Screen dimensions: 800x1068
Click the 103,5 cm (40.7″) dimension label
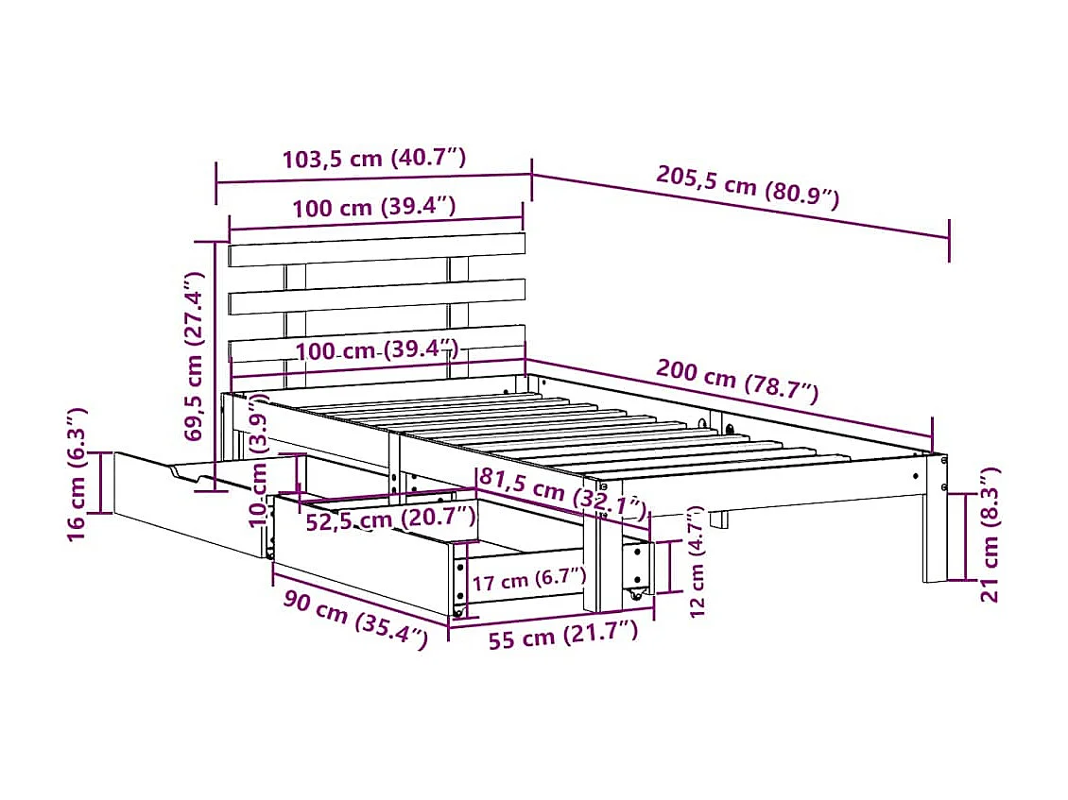[x=374, y=159]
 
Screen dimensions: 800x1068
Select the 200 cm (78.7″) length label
[x=738, y=383]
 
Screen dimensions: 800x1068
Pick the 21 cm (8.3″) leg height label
[x=990, y=534]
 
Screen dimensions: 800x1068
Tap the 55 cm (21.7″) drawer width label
[x=563, y=637]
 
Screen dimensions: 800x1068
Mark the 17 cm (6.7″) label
[x=528, y=579]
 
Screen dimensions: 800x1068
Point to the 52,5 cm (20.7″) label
[x=389, y=519]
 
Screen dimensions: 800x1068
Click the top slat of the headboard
[x=377, y=249]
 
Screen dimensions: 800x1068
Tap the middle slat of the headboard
[x=377, y=296]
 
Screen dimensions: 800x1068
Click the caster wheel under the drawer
[x=636, y=595]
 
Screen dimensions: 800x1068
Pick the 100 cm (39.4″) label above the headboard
[x=374, y=208]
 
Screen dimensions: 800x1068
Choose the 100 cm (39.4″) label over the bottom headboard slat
[x=377, y=351]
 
